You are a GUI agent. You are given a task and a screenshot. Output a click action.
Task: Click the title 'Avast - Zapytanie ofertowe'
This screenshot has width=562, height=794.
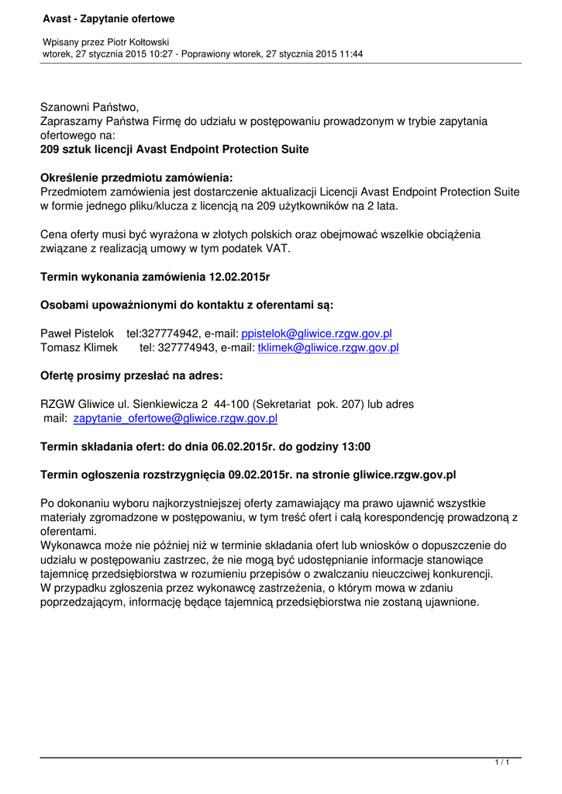tap(109, 18)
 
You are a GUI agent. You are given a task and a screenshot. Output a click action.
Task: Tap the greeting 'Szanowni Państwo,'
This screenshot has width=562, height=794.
tap(89, 107)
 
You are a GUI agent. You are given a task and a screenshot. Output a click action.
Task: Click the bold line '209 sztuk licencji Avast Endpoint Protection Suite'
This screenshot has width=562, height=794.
tap(174, 149)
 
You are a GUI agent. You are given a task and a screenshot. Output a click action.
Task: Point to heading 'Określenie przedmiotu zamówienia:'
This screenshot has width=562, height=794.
tap(136, 178)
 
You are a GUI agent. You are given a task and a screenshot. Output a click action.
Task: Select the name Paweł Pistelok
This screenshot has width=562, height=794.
tap(77, 333)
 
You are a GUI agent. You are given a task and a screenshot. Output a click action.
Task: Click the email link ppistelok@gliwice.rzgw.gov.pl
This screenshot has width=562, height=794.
tap(317, 333)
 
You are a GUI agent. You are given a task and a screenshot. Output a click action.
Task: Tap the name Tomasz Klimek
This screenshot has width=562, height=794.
tap(78, 348)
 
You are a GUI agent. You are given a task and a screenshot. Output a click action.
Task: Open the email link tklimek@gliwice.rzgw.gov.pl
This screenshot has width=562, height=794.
tap(322, 348)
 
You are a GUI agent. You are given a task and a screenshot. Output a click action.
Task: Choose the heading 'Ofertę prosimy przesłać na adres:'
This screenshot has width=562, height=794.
tap(132, 376)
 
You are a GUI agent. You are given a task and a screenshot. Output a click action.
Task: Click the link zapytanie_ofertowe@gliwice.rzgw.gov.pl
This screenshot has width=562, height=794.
tap(175, 419)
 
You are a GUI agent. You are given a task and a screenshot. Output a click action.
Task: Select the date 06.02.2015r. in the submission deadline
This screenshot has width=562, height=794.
tap(233, 447)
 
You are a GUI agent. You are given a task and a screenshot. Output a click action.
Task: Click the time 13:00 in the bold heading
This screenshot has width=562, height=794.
tap(355, 447)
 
